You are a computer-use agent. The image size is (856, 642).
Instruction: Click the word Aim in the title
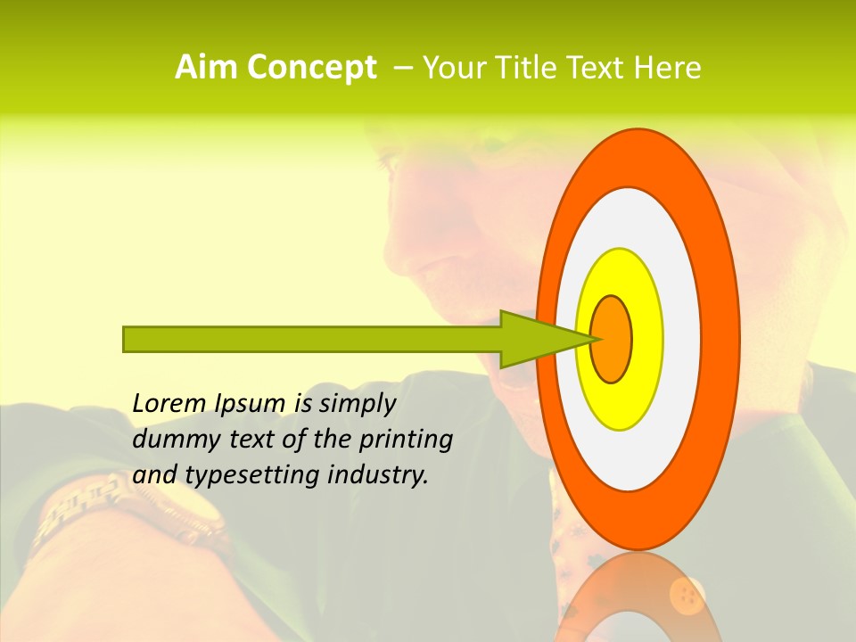click(x=207, y=68)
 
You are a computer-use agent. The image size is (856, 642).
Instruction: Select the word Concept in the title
click(x=311, y=69)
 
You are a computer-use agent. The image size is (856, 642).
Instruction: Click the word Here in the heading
click(x=668, y=68)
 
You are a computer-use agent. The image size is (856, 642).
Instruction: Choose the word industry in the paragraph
click(x=378, y=475)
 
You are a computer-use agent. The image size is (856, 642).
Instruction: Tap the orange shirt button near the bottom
click(x=687, y=592)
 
